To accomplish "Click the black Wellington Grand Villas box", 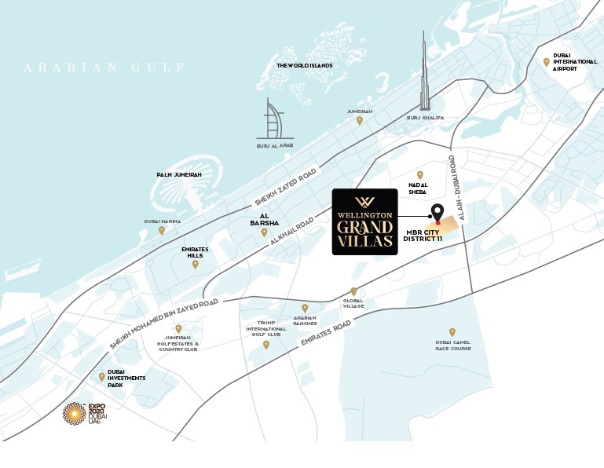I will pos(364,221).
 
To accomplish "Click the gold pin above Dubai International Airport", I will pos(546,62).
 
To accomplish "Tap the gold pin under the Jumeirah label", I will pos(360,120).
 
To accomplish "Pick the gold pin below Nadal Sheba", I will pos(419,175).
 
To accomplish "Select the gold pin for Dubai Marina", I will pos(162,230).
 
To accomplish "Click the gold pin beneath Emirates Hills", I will pos(196,264).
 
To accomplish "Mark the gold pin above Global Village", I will pos(353,291).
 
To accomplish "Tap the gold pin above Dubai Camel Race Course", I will pos(452,332).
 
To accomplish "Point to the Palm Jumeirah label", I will pos(178,174).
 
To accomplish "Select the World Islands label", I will pos(304,65).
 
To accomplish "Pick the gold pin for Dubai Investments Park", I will pos(102,377).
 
